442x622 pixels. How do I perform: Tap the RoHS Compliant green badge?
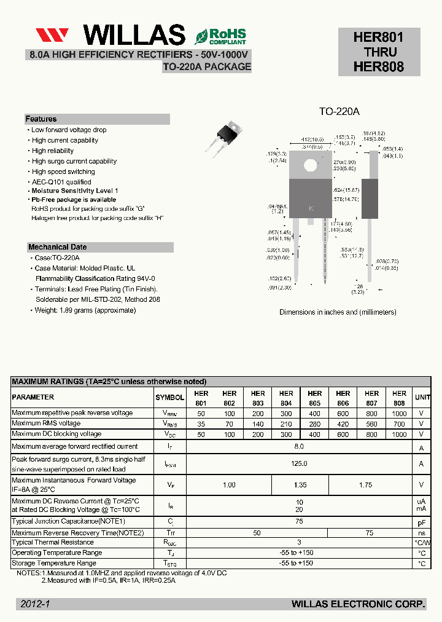coord(220,36)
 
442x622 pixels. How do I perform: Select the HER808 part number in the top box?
coord(379,67)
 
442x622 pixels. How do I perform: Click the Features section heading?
coord(41,119)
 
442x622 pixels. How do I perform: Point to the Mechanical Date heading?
coord(57,247)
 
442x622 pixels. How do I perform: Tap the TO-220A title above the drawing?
coord(339,112)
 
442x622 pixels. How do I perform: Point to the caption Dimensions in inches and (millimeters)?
coord(338,312)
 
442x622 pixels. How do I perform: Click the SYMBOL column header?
coord(169,398)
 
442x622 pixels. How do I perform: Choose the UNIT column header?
coord(422,398)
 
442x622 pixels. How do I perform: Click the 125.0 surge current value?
coord(300,463)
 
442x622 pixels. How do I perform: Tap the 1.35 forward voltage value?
coord(300,485)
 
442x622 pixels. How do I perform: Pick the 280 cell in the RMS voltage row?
coord(315,424)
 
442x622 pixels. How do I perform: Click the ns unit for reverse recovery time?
coord(422,533)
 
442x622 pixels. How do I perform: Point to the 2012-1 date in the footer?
coord(34,605)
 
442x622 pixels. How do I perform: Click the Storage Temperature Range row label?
coord(53,564)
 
